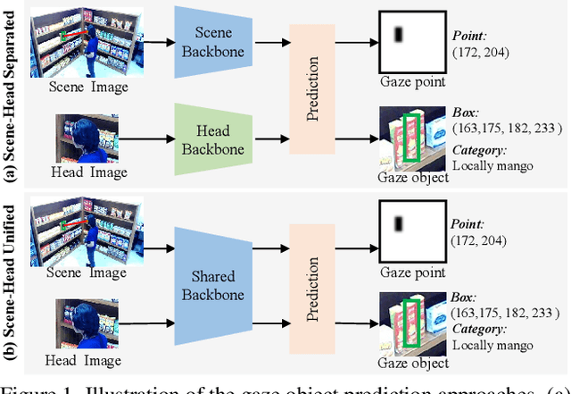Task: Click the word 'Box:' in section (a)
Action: point(467,114)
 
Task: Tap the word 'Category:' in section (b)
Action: point(480,327)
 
